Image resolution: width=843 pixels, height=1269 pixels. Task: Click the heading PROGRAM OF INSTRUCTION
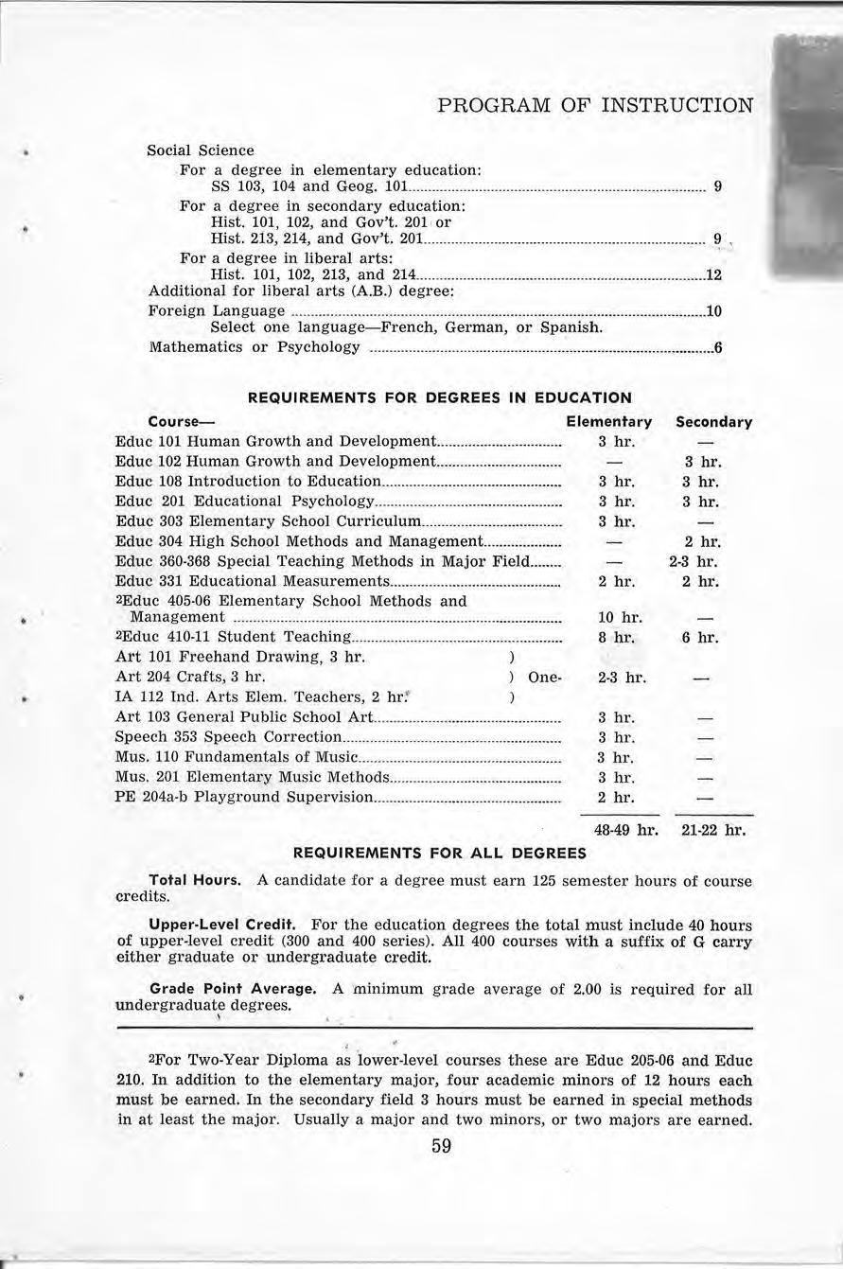click(x=596, y=104)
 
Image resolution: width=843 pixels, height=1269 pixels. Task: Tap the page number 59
click(x=441, y=1147)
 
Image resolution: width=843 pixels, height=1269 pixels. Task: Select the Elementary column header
click(x=608, y=422)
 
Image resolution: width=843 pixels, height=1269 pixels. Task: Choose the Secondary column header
click(x=713, y=422)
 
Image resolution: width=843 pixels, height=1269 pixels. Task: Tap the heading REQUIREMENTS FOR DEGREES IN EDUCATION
click(x=439, y=398)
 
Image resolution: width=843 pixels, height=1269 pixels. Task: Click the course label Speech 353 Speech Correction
click(x=228, y=737)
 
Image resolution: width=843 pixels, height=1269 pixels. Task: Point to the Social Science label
click(x=201, y=150)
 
